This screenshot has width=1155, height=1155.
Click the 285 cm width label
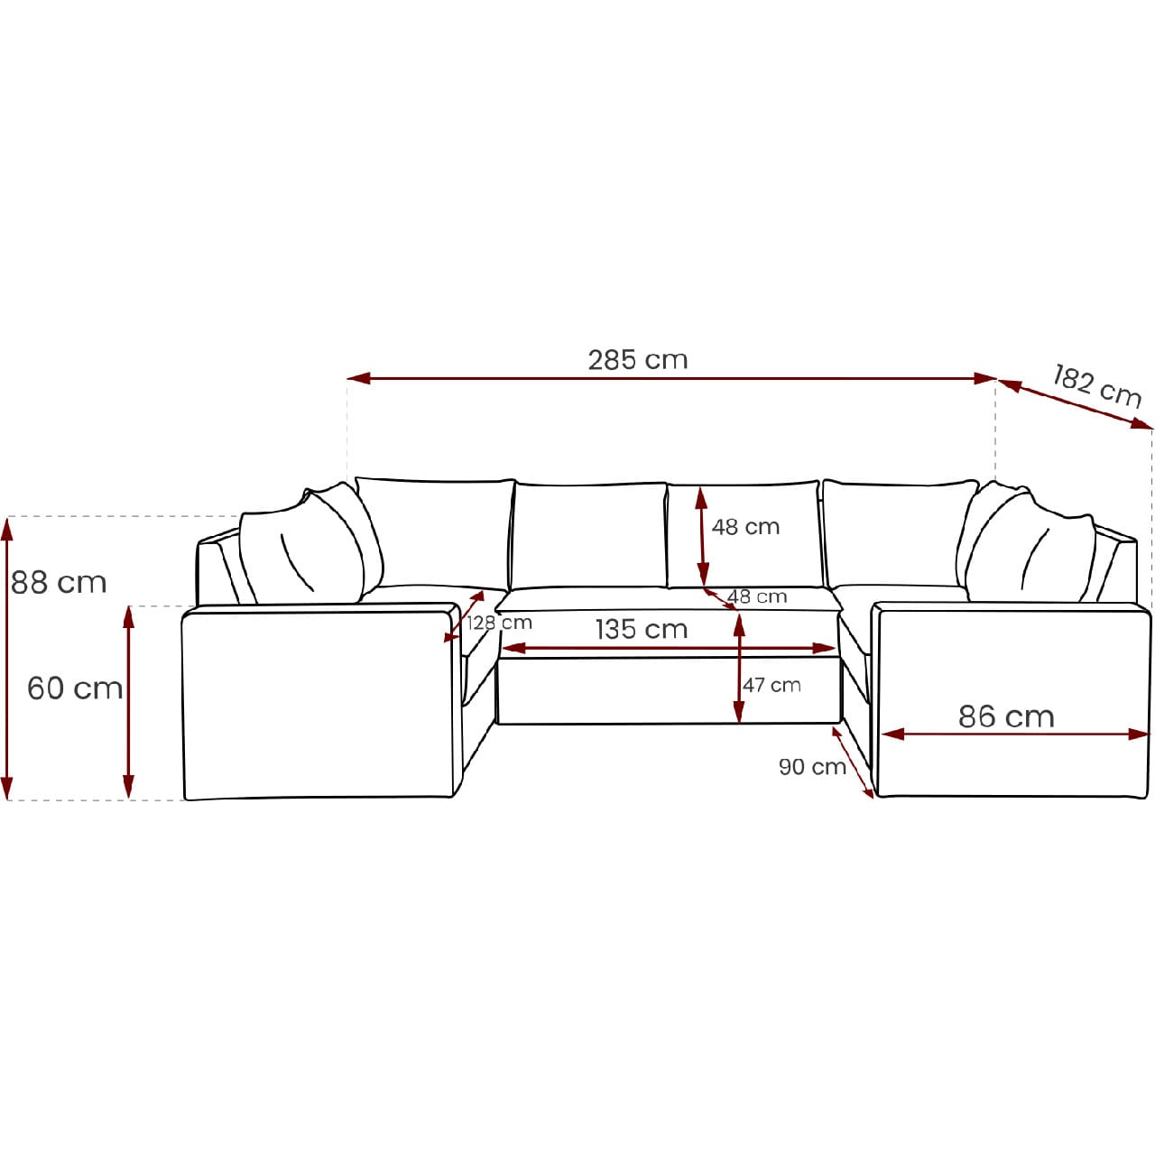point(637,360)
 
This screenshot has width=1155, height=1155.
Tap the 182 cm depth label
point(1096,386)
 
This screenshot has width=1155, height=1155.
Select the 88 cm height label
point(59,583)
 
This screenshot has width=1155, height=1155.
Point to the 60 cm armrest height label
point(75,688)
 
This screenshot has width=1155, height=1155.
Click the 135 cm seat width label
point(642,629)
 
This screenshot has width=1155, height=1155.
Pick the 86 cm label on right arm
point(1006,716)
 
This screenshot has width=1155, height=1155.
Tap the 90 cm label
point(812,767)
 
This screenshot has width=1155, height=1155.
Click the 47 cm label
point(772,685)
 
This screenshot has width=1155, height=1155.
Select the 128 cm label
point(499,623)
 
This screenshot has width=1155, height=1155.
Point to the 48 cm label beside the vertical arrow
point(745,527)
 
